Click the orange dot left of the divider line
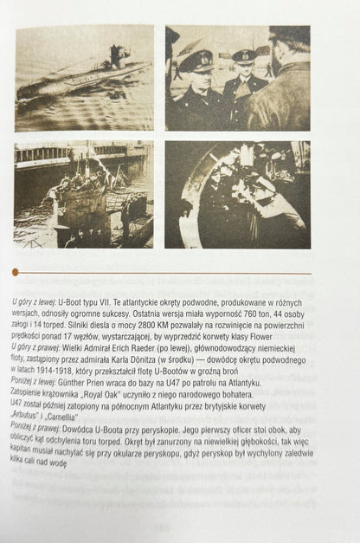pyautogui.click(x=15, y=272)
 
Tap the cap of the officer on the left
pyautogui.click(x=196, y=61)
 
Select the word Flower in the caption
pyautogui.click(x=260, y=337)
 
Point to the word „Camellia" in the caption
pyautogui.click(x=62, y=417)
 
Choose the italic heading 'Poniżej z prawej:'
pyautogui.click(x=35, y=428)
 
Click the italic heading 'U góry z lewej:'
pyautogui.click(x=34, y=302)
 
